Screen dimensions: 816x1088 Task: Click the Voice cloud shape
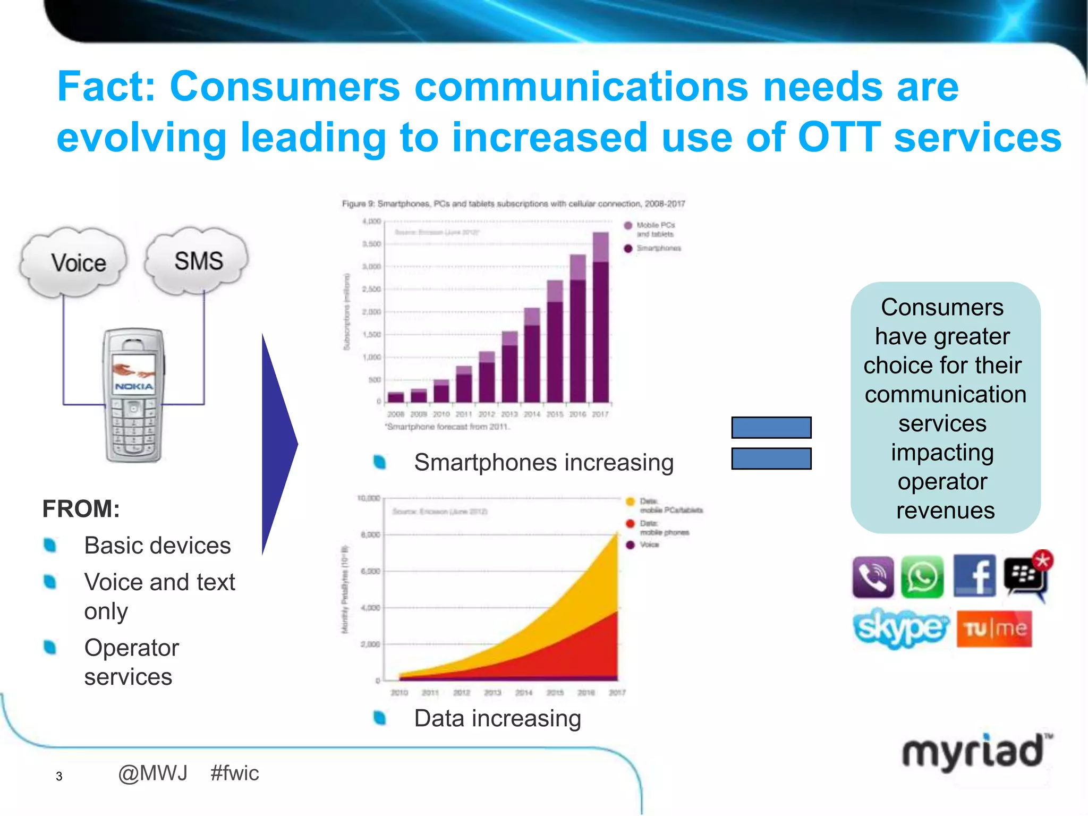74,262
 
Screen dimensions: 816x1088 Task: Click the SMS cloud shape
198,260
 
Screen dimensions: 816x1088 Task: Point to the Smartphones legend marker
628,248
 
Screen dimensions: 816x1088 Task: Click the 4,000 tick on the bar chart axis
372,221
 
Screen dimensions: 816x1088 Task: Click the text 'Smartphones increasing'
543,462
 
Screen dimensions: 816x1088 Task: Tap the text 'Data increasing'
497,718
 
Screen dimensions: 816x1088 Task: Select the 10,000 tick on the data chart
369,498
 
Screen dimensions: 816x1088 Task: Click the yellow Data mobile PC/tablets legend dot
631,501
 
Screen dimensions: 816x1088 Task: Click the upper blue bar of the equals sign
771,427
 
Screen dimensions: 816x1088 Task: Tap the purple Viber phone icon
873,577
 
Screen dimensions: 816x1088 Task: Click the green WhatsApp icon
922,577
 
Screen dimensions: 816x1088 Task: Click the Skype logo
900,628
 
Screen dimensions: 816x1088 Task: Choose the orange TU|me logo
994,629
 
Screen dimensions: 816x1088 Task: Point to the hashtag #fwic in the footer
234,773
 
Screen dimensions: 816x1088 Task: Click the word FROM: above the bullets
81,509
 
